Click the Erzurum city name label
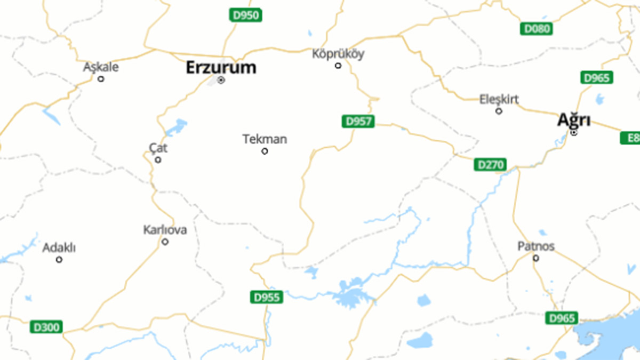[221, 68]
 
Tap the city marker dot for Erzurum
[221, 81]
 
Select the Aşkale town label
[101, 68]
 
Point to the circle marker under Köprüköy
[338, 66]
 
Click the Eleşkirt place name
[499, 99]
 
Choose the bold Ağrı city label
[573, 120]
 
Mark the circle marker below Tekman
[265, 151]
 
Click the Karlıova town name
[165, 230]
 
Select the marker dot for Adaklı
[59, 260]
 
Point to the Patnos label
[536, 246]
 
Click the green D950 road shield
[245, 15]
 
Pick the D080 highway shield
[536, 29]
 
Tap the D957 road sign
[358, 122]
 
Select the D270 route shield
[490, 165]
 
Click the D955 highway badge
[266, 297]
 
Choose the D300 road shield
[46, 326]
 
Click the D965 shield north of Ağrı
[596, 78]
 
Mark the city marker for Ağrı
[574, 132]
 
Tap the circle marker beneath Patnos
[536, 258]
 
